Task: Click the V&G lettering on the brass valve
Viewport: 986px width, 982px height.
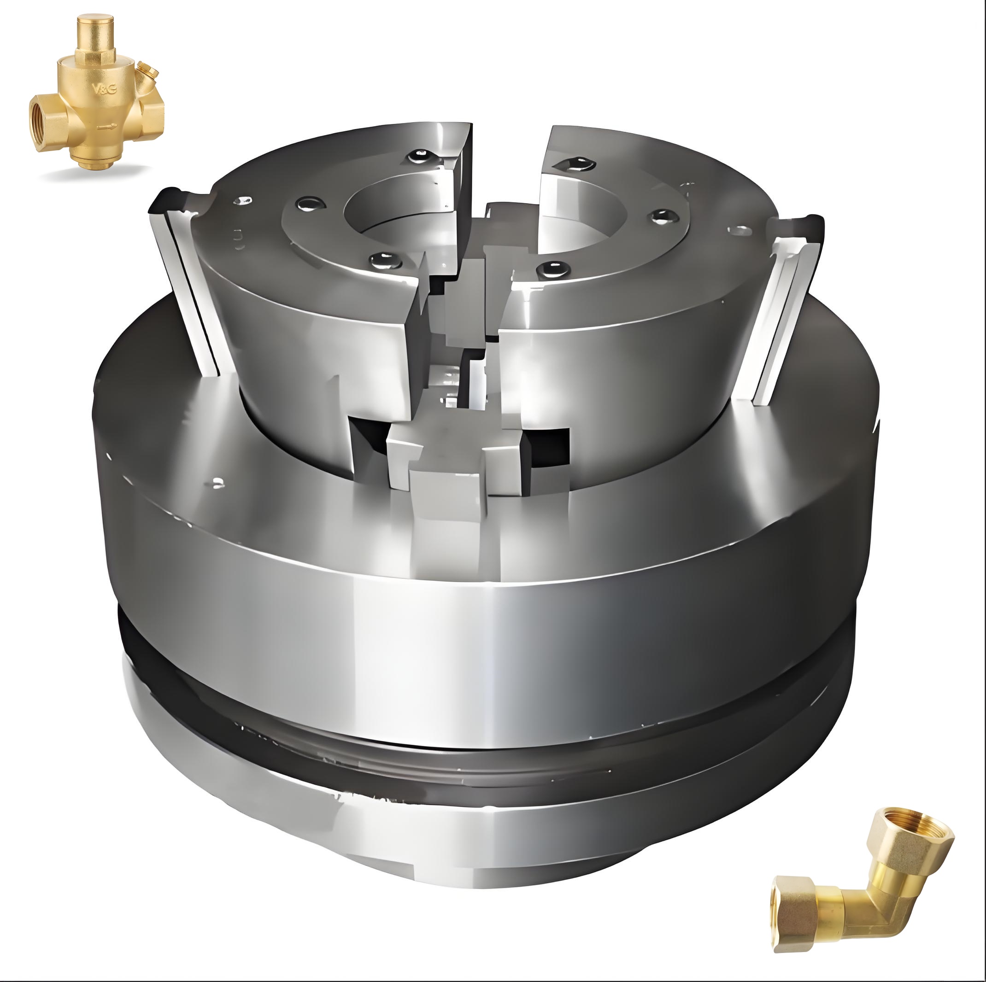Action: pyautogui.click(x=105, y=89)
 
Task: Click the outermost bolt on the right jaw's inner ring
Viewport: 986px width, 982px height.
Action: pyautogui.click(x=665, y=217)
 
